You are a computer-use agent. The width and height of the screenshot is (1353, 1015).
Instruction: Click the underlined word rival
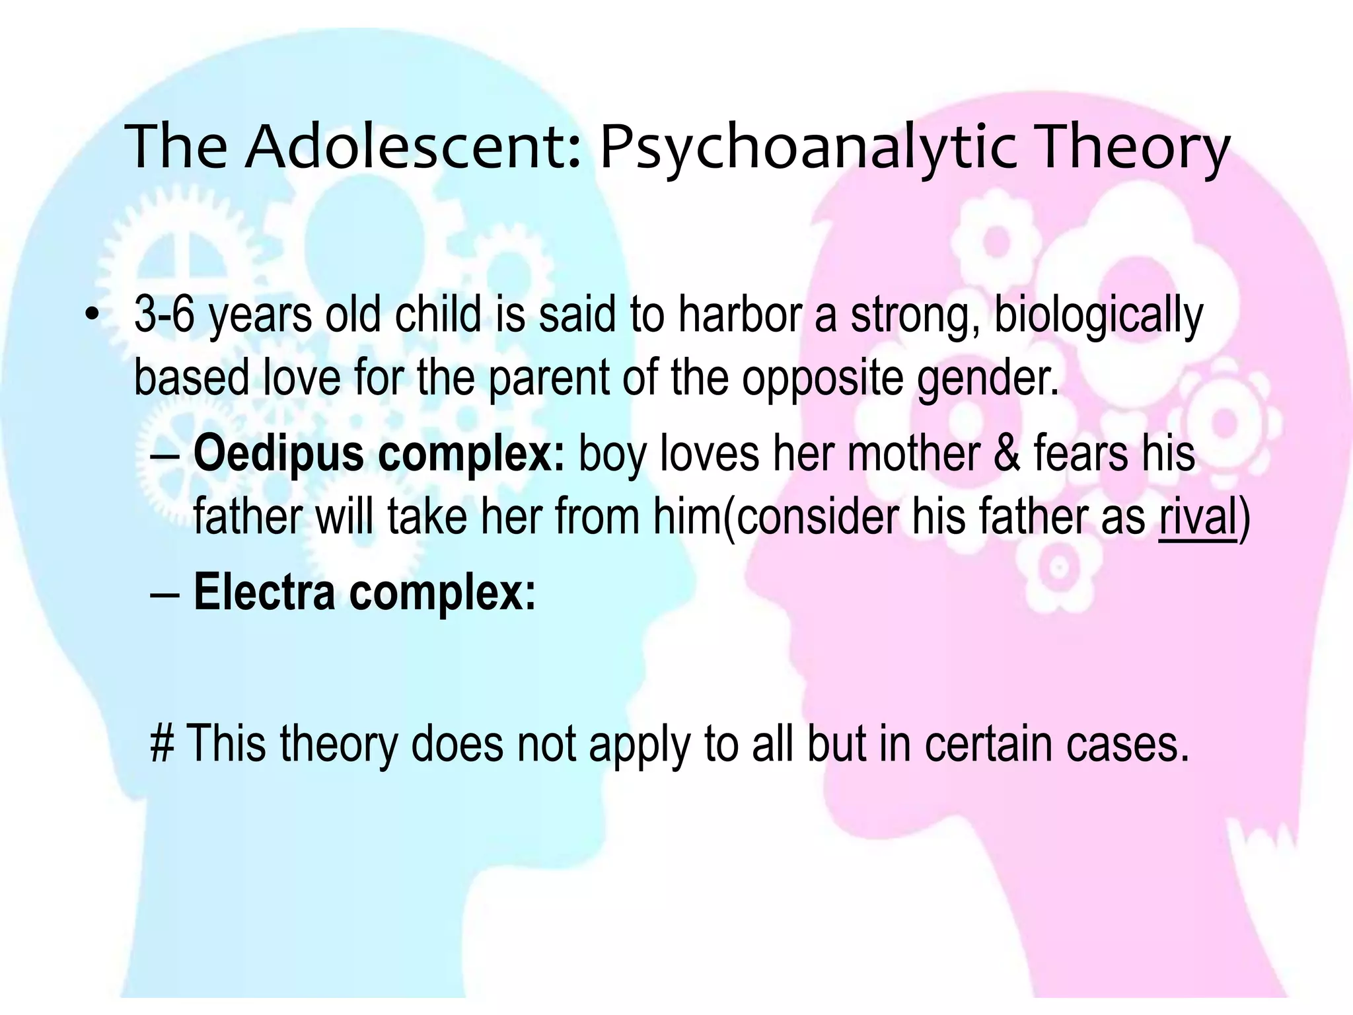pyautogui.click(x=1197, y=517)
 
